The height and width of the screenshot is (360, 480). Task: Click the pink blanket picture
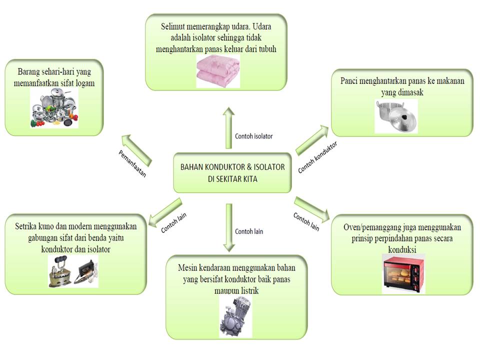point(218,71)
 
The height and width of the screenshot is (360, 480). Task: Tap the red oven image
point(403,273)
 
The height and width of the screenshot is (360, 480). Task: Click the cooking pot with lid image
point(396,116)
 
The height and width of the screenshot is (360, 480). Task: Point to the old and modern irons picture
point(73,271)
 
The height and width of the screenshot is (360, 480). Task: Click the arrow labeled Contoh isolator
point(228,127)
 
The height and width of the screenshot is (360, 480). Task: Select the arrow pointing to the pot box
point(312,140)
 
